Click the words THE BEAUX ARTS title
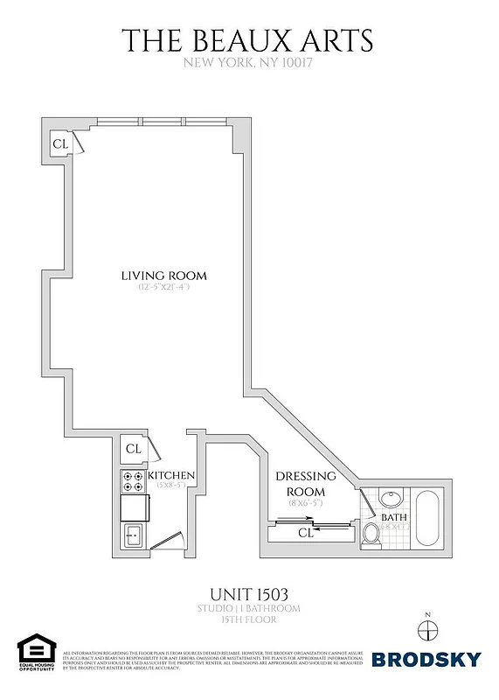[247, 40]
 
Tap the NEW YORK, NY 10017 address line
[247, 63]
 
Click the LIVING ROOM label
[164, 276]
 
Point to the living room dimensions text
[163, 288]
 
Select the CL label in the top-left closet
[60, 143]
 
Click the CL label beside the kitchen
[133, 449]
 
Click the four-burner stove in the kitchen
[133, 480]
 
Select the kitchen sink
[133, 534]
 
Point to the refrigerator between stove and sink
[133, 507]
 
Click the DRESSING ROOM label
[306, 483]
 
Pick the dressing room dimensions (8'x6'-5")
[306, 502]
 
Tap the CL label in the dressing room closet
[306, 531]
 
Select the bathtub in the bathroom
[427, 521]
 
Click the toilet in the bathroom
[371, 534]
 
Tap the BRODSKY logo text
[426, 660]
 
